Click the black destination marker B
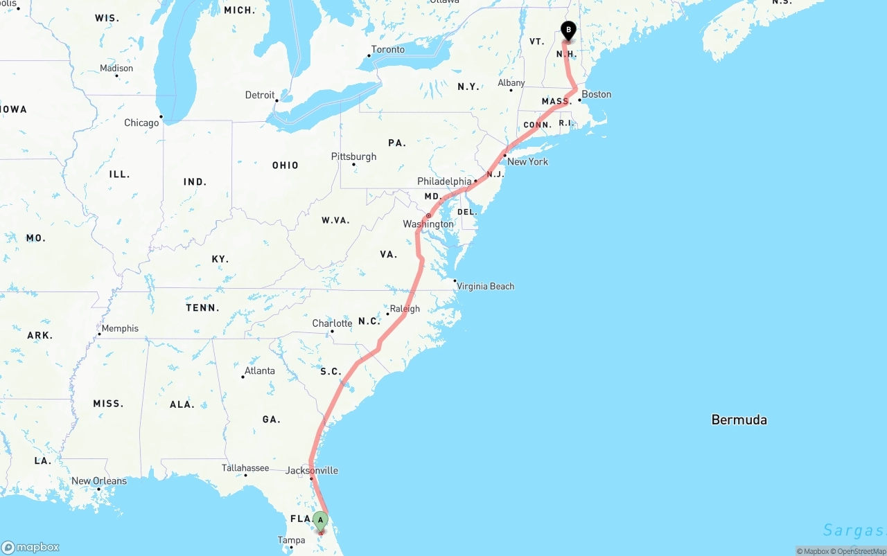(x=568, y=30)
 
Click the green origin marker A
(x=320, y=521)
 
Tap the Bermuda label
(x=739, y=420)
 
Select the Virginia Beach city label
(x=485, y=286)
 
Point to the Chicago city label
(x=141, y=123)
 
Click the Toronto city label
(x=387, y=50)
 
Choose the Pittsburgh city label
(x=353, y=156)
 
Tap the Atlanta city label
(x=259, y=370)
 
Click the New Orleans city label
(x=99, y=481)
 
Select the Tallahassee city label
(x=245, y=468)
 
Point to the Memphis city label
(x=120, y=328)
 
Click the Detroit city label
(x=260, y=95)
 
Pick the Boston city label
(x=596, y=94)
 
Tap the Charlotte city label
(x=332, y=323)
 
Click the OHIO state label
(x=286, y=165)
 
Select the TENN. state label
(x=202, y=307)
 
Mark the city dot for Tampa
(x=291, y=547)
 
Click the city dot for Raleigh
(x=388, y=314)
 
